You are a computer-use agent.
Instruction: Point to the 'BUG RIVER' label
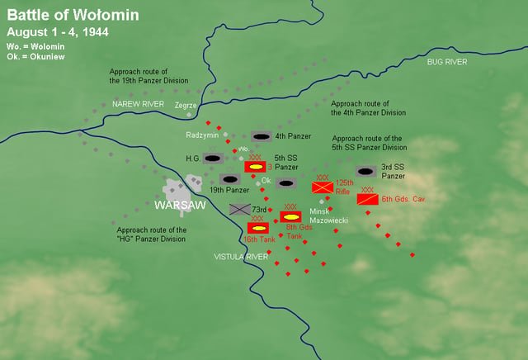coord(446,63)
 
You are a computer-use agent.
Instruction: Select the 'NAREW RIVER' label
coord(138,104)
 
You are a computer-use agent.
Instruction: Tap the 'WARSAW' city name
coord(180,204)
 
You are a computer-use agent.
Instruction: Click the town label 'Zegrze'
coord(186,106)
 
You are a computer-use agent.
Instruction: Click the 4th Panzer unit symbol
coord(262,135)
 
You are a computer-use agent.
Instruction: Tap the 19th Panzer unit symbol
coord(230,179)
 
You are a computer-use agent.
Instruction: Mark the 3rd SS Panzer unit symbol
coord(366,171)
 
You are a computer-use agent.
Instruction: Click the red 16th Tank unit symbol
coord(257,227)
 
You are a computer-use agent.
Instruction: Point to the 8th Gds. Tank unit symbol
coord(290,216)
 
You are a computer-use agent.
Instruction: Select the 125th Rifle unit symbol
coord(323,187)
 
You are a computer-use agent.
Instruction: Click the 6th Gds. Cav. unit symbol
coord(368,199)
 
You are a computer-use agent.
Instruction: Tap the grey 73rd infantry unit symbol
coord(240,210)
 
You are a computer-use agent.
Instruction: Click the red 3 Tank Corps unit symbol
coord(255,166)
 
